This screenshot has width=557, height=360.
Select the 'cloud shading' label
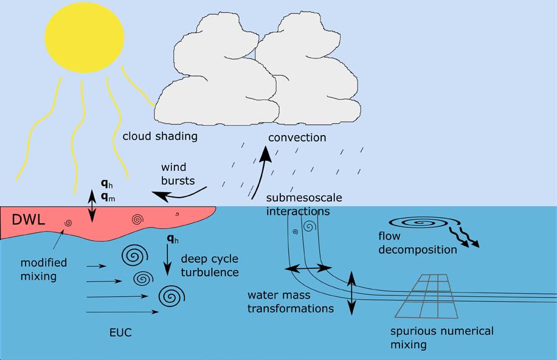160,136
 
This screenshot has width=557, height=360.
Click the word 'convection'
297,137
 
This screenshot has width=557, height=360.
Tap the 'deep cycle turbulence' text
210,265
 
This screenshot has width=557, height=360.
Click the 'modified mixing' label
44,269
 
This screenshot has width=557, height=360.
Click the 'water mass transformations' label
291,302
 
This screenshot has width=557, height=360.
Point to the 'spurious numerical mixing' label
441,337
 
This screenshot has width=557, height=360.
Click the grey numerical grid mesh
432,296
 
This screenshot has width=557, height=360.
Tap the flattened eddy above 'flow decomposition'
419,223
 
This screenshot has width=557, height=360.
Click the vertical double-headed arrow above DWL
92,206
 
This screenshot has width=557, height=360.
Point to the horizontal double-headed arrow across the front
309,268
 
